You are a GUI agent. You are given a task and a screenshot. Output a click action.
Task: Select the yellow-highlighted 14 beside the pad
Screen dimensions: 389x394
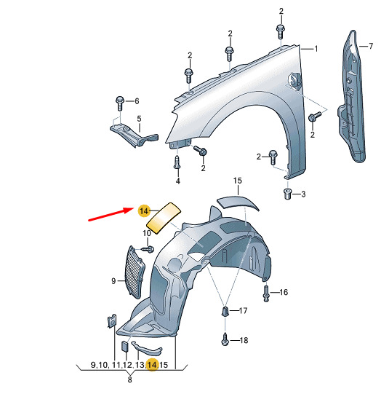click(144, 210)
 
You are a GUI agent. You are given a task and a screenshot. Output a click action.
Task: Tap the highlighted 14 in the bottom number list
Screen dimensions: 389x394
click(152, 365)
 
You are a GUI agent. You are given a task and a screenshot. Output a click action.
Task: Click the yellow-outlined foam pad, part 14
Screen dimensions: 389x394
click(164, 218)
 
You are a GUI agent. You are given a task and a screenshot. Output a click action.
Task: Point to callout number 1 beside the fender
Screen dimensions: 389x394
click(316, 49)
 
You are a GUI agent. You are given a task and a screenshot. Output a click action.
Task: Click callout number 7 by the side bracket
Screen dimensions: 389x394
click(371, 46)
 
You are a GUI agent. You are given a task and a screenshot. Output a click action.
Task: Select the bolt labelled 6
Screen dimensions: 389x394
click(120, 103)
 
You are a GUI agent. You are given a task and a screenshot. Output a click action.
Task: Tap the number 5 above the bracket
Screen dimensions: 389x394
click(139, 119)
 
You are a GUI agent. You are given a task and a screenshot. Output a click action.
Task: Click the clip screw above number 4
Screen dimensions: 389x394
click(177, 162)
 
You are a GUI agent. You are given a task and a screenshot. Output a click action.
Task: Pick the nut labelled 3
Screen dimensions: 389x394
click(287, 194)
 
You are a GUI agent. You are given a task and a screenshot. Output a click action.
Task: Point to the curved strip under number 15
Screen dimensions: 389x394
click(238, 203)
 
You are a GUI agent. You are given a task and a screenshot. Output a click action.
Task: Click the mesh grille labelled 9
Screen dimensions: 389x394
click(135, 272)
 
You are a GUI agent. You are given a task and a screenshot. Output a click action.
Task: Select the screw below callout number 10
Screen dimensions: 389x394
click(148, 250)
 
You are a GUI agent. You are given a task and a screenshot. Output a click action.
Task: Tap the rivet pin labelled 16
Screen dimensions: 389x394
click(266, 293)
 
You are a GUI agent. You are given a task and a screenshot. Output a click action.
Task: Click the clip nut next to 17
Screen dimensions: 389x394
click(225, 312)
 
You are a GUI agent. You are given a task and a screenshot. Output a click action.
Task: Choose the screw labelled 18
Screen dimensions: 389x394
click(225, 339)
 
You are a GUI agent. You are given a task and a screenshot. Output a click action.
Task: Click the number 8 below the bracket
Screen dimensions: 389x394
click(129, 379)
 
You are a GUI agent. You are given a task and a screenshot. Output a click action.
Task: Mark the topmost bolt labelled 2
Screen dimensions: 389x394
click(281, 31)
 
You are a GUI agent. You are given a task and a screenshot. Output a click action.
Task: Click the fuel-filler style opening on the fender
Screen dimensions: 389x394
click(294, 80)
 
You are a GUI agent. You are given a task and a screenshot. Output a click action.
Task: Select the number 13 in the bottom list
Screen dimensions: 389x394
click(140, 365)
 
